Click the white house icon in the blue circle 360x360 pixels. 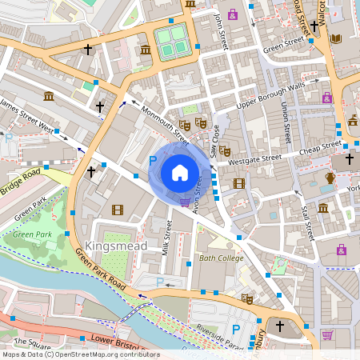(180, 172)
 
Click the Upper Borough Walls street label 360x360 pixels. (271, 94)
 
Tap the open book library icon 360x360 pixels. (336, 38)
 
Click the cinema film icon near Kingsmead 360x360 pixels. (118, 210)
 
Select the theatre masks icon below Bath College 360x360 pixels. (247, 299)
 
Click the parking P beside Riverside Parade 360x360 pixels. (236, 329)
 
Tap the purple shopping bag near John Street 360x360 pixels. (233, 14)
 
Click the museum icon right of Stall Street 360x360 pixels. (323, 208)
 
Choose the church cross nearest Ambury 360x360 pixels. (280, 326)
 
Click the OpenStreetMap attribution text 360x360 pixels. (80, 354)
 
